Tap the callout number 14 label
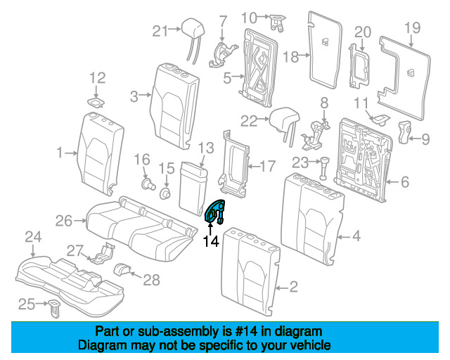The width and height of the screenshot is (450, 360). click(211, 241)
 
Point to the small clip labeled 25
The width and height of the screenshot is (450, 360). click(54, 308)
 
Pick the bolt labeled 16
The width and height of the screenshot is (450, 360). click(148, 184)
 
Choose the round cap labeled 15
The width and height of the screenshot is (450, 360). click(165, 193)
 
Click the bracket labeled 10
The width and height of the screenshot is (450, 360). click(277, 22)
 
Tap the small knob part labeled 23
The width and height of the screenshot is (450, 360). click(323, 168)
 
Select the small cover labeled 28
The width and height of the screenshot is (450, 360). click(123, 269)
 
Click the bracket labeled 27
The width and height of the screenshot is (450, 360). click(101, 252)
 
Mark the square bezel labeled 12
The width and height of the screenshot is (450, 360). click(96, 102)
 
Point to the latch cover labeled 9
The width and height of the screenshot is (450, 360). click(404, 131)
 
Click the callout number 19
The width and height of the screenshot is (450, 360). click(413, 28)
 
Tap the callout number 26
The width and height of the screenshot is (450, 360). click(64, 221)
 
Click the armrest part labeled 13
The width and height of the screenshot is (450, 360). click(193, 188)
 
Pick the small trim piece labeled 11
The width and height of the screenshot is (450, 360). click(380, 119)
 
